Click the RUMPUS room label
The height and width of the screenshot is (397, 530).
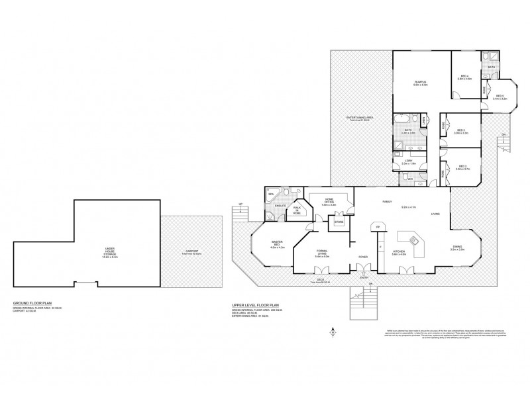pos(420,82)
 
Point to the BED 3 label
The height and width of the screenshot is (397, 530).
pos(461,131)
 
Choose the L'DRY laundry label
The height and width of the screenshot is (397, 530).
pos(409,161)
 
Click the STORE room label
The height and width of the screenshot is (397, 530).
pos(339,222)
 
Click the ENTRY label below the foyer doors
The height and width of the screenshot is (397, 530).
pos(363,278)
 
